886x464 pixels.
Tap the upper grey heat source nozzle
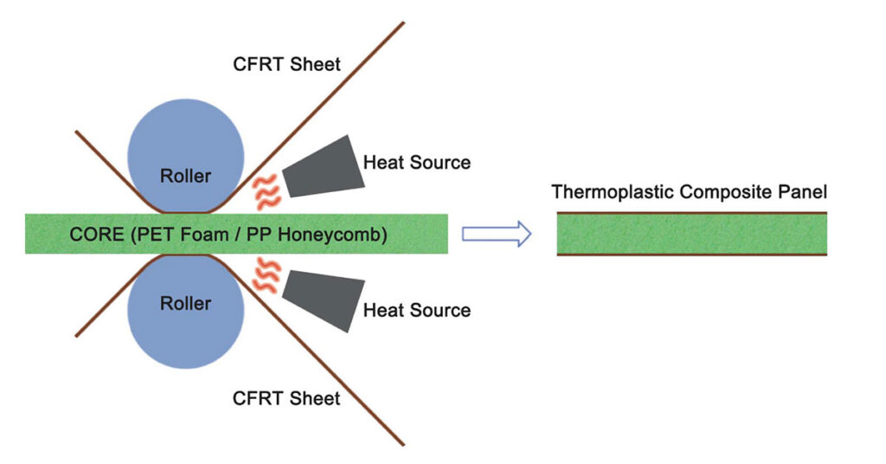324,166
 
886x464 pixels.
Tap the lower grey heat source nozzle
324,299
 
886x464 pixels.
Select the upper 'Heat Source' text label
416,162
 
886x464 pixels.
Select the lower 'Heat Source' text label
416,310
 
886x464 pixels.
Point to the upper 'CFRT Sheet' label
286,64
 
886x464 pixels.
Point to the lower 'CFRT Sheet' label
286,398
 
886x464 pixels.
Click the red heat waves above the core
264,191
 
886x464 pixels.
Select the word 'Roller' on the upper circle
185,176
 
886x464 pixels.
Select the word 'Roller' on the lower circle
185,304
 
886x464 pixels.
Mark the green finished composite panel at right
691,234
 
